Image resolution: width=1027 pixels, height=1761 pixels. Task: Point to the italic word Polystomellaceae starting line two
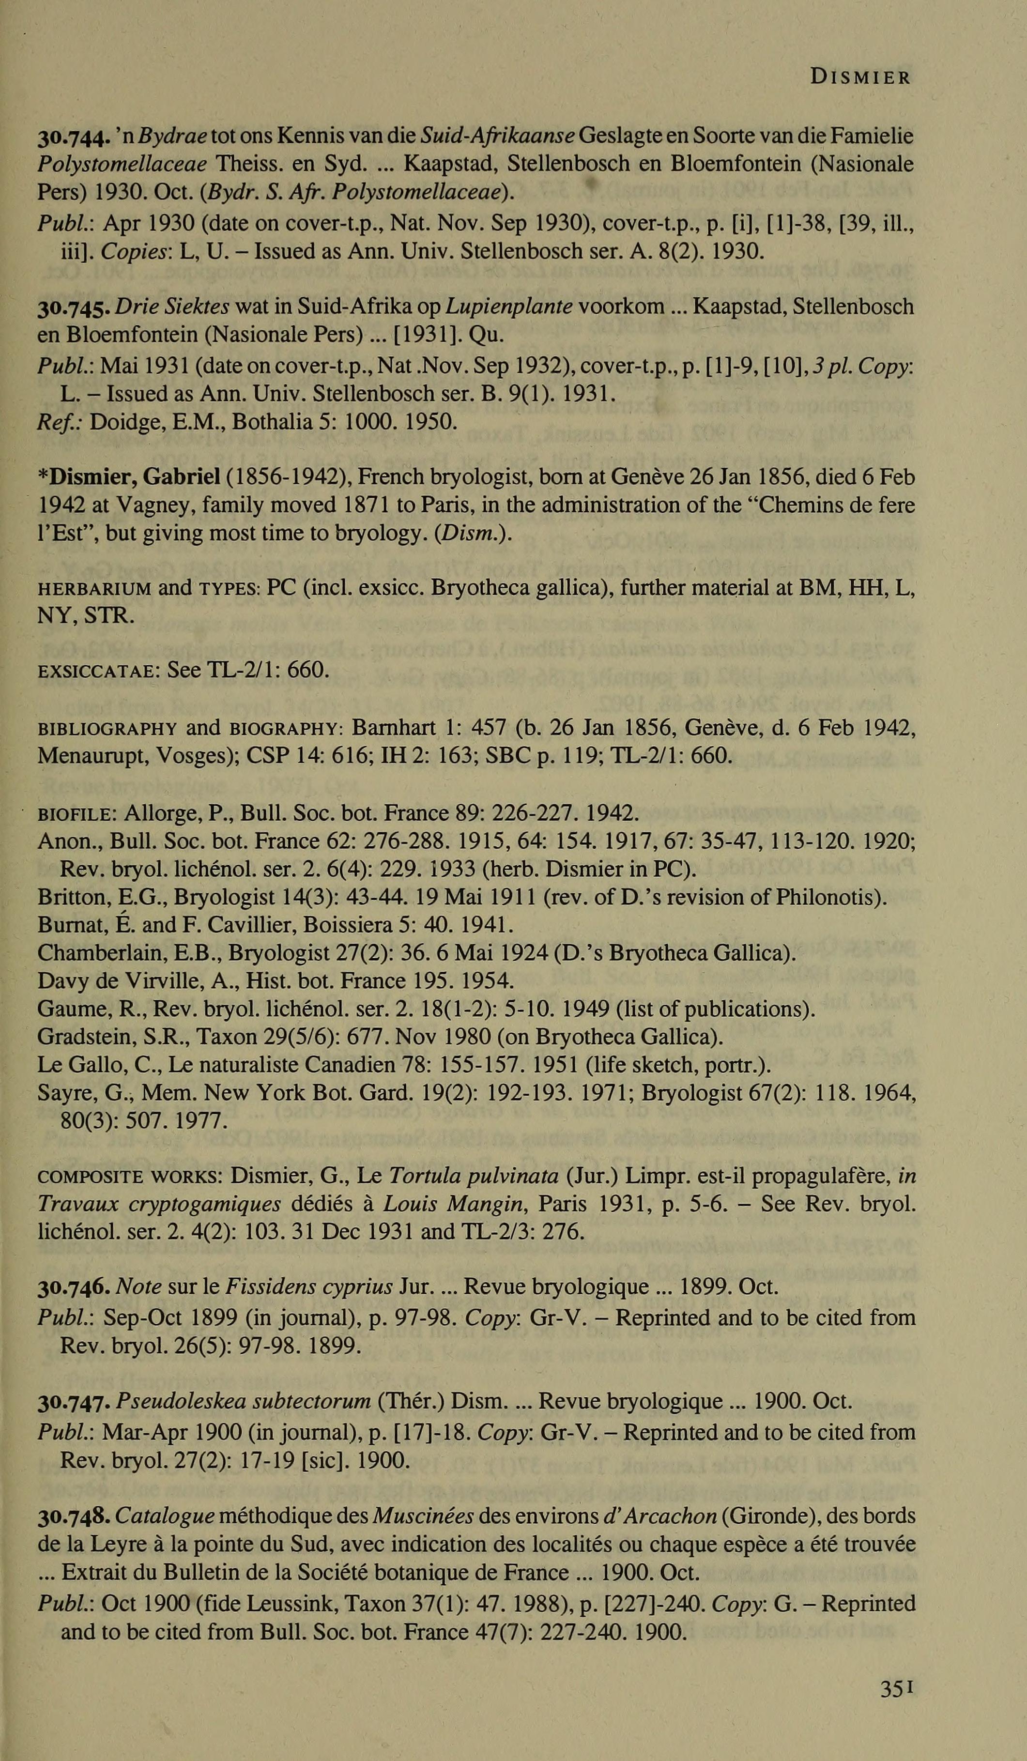point(122,165)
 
